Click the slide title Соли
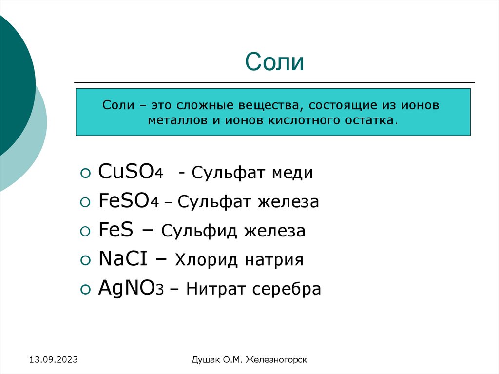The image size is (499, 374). [x=275, y=62]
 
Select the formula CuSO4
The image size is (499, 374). [x=131, y=172]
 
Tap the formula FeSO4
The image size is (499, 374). [x=129, y=201]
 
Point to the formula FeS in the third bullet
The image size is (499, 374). [x=115, y=231]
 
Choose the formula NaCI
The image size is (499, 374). [x=123, y=259]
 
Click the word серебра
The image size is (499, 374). [x=287, y=289]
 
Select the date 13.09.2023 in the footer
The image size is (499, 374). [x=54, y=360]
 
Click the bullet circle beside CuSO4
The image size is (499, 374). [x=85, y=173]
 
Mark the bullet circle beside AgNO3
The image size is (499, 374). [x=85, y=290]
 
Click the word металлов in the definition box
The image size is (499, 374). [x=178, y=120]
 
